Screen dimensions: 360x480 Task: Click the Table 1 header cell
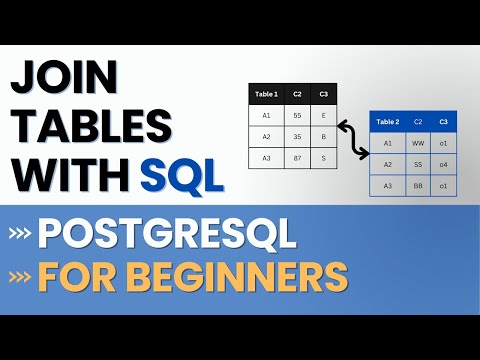coord(266,95)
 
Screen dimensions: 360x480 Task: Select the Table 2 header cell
coord(387,122)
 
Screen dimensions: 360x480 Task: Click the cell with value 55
coord(297,116)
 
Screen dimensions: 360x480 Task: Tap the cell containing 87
coord(297,158)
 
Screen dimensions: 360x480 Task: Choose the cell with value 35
coord(297,137)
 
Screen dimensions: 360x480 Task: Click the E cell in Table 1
coord(325,116)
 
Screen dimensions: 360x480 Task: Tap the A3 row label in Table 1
coord(266,158)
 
